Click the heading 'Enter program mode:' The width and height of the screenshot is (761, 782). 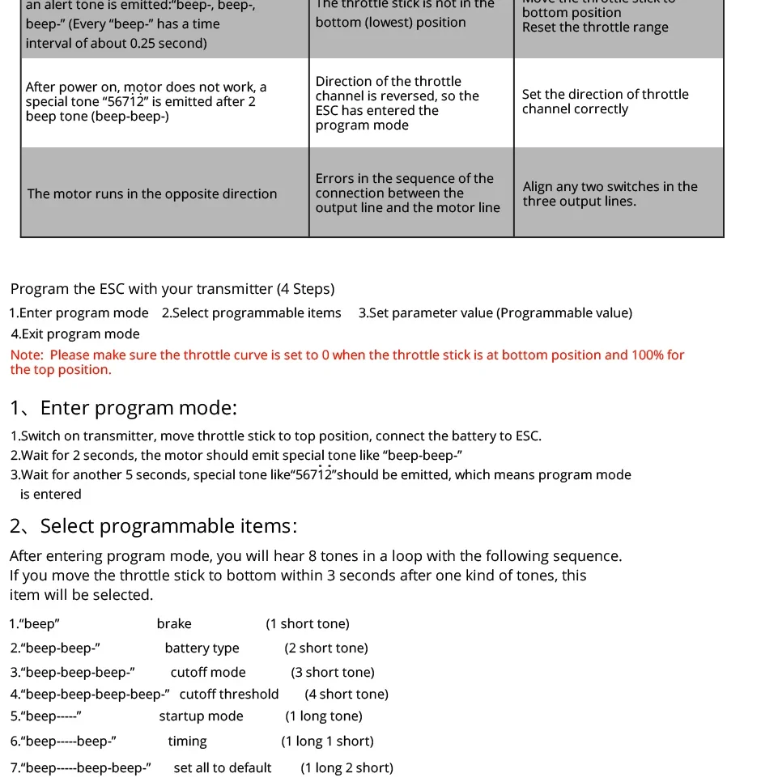[x=138, y=408]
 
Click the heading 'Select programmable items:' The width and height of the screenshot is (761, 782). [x=168, y=526]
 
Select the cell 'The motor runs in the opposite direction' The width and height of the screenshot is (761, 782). [x=152, y=194]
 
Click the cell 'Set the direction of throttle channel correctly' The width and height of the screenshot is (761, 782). [x=605, y=102]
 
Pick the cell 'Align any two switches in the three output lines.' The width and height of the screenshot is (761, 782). [x=610, y=194]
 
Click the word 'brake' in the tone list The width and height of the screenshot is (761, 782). [x=174, y=624]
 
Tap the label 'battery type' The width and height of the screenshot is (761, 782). [x=202, y=648]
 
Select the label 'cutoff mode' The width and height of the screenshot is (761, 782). [x=208, y=673]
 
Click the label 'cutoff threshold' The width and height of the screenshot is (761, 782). [x=229, y=695]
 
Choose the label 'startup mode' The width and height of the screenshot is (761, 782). [x=201, y=716]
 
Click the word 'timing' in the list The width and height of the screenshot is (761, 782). [x=187, y=742]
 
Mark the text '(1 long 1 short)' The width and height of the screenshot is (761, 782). [x=327, y=742]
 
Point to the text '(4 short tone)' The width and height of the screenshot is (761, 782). [x=346, y=695]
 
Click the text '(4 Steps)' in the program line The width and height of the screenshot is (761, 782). [x=305, y=290]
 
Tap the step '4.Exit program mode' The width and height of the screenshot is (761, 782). [x=75, y=334]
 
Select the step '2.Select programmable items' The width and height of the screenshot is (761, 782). [x=251, y=313]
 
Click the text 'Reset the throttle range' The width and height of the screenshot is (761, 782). [x=595, y=28]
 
